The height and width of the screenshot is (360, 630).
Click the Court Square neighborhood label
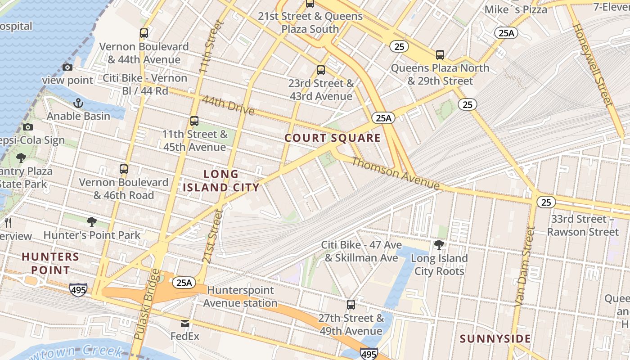point(333,138)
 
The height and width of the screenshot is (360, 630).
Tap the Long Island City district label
point(221,180)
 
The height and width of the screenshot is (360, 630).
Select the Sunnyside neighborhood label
point(495,339)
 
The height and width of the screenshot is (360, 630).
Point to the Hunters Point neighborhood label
point(50,263)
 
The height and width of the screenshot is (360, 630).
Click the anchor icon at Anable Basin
point(79,103)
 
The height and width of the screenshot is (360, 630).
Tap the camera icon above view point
point(67,67)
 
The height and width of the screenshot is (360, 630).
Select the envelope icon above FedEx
point(185,324)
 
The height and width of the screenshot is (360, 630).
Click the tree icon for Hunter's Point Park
point(92,222)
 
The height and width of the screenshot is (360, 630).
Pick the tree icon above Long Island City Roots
point(439,245)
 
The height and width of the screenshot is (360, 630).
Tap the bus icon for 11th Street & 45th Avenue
point(194,121)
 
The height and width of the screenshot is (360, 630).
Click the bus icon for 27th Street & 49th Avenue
point(351,305)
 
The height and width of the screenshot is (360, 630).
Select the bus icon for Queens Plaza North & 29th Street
point(440,55)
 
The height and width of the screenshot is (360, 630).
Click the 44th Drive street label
point(228,105)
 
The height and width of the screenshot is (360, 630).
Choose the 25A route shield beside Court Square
point(383,118)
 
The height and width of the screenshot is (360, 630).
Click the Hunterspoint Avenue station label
point(240,297)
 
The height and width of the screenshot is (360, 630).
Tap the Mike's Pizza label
point(516,9)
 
